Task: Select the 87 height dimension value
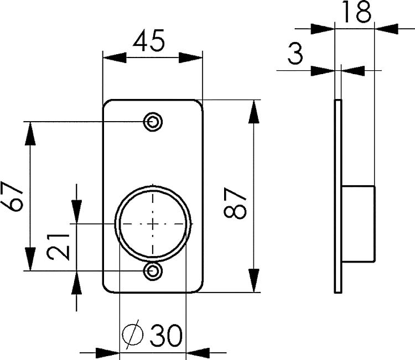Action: (235, 203)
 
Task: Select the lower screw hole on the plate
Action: (153, 271)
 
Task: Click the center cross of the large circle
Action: (153, 223)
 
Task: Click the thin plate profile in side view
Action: (338, 196)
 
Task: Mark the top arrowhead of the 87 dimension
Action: (253, 110)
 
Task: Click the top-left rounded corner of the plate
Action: (107, 103)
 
